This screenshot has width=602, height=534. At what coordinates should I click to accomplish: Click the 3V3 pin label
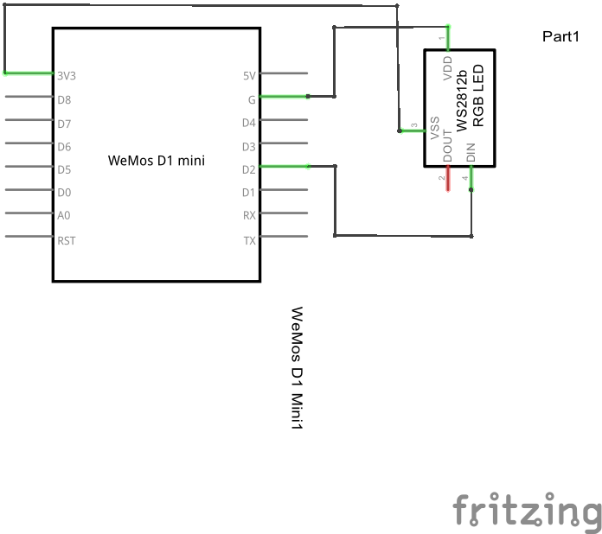(x=66, y=75)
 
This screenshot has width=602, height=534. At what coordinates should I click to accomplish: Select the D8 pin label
(x=64, y=99)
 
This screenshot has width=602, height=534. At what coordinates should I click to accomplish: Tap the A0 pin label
(x=64, y=215)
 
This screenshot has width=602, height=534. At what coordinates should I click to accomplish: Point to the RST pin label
(x=67, y=240)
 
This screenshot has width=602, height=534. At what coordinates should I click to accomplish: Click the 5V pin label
(x=249, y=75)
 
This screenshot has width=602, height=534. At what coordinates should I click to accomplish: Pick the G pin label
(x=252, y=99)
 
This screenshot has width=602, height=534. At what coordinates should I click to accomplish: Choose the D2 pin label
(x=248, y=168)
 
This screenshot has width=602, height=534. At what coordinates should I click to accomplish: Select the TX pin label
(x=249, y=240)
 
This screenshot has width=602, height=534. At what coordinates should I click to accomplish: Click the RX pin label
(x=249, y=215)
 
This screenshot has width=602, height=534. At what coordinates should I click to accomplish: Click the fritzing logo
(x=527, y=510)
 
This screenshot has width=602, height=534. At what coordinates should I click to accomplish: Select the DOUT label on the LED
(x=447, y=147)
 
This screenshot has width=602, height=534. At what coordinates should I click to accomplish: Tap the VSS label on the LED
(x=435, y=128)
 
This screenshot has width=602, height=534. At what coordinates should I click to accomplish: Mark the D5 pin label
(x=64, y=168)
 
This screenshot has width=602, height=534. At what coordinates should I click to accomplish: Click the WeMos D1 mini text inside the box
(x=157, y=160)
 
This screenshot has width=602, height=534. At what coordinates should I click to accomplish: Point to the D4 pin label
(x=248, y=123)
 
